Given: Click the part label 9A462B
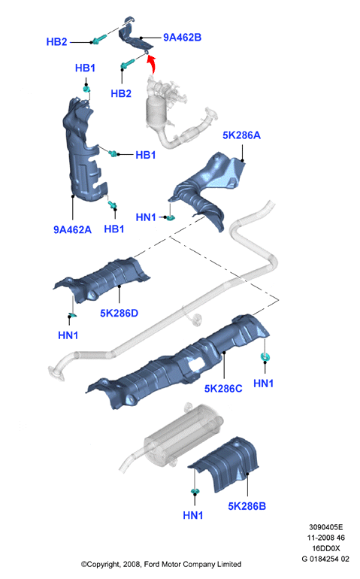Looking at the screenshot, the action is [x=183, y=38].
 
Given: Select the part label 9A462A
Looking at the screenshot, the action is [x=72, y=229].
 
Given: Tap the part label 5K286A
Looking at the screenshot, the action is [x=241, y=135].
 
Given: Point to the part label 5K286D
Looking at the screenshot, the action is [x=119, y=313].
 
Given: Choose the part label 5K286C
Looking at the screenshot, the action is [x=223, y=389].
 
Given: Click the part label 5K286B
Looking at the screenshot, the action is [x=247, y=506].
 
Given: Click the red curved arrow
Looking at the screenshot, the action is [x=151, y=65].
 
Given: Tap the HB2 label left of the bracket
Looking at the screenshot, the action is [x=57, y=41].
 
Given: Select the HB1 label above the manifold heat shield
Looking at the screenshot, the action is [x=85, y=68].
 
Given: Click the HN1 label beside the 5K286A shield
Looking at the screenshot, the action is [x=146, y=217].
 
